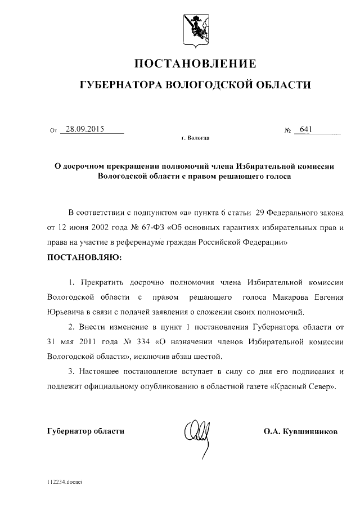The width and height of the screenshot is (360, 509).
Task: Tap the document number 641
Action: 306,129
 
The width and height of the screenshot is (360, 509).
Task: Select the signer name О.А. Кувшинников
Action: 300,432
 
